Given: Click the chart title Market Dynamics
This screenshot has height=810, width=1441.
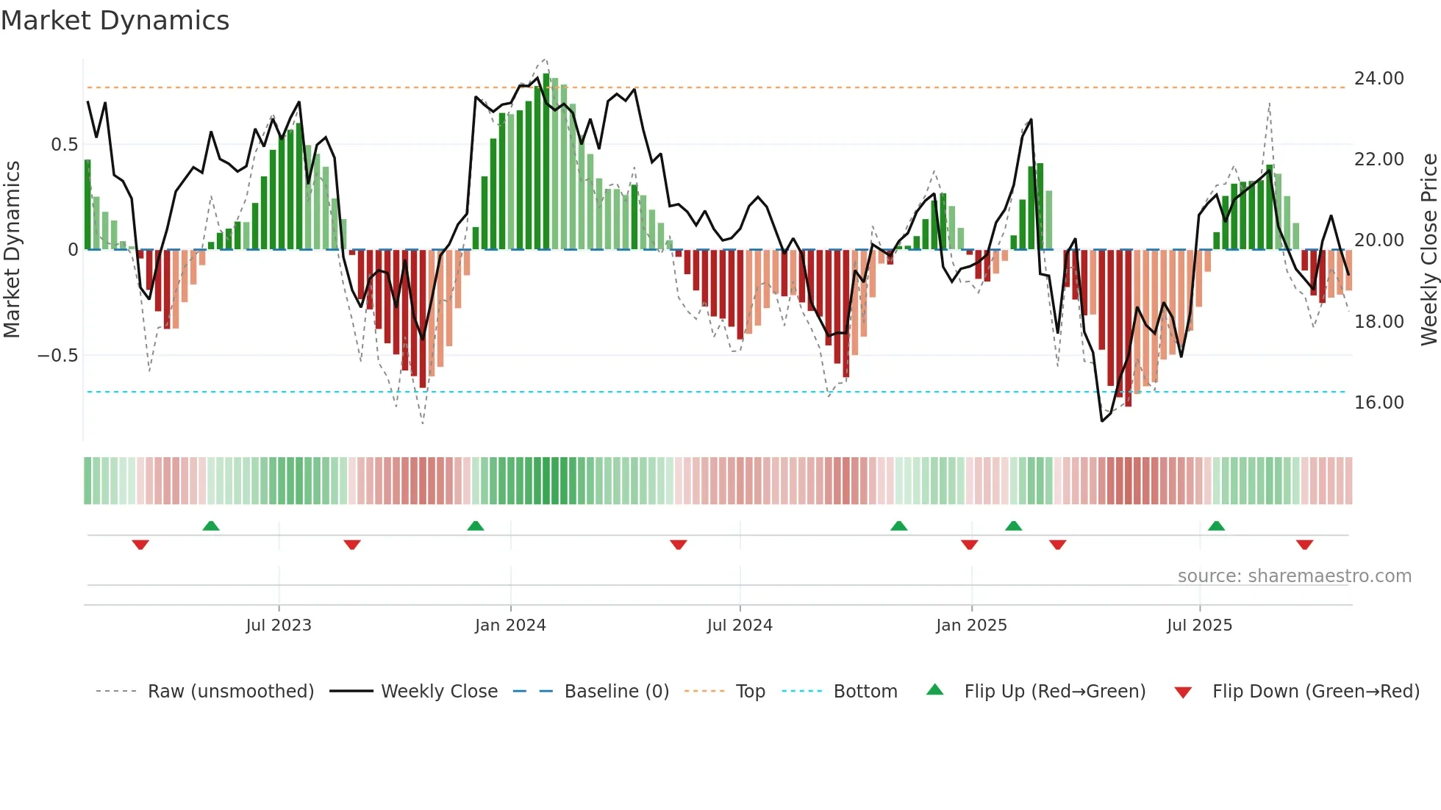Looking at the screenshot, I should click(115, 21).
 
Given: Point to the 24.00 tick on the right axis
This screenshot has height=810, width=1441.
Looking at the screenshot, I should click(1379, 79).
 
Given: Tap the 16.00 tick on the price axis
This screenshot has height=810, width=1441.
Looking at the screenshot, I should click(1379, 403).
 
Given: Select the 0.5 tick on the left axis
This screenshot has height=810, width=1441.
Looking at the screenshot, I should click(64, 145).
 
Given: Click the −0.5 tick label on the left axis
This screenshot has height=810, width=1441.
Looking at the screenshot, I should click(57, 356).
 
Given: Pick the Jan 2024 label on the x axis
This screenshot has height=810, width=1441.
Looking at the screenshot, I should click(510, 626).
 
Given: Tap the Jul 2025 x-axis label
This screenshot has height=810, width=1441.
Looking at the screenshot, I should click(1199, 626).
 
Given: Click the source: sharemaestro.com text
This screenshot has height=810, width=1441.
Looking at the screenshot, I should click(1294, 576).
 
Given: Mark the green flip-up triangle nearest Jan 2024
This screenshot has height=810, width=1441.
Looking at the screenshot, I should click(476, 526).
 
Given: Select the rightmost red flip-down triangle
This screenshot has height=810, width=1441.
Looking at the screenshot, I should click(1304, 545).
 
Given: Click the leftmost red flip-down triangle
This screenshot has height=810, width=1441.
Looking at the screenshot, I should click(140, 545).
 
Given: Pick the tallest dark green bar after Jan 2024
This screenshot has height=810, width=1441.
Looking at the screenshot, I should click(546, 162).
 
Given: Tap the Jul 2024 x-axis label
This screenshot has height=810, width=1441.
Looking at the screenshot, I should click(740, 626).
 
